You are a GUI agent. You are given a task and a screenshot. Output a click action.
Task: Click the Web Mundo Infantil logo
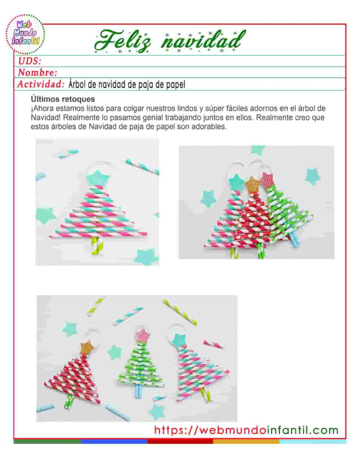click(25, 33)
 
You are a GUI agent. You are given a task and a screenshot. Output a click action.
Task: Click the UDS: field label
click(30, 61)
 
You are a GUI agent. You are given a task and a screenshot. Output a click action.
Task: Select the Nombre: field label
click(37, 73)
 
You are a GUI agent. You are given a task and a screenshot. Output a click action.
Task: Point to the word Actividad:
click(41, 84)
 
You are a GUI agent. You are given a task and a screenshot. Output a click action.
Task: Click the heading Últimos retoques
click(63, 99)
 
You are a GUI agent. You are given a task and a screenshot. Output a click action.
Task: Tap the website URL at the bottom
click(246, 430)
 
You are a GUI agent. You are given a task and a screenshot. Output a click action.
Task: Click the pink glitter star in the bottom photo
click(142, 335)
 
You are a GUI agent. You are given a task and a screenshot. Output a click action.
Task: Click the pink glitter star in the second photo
click(266, 180)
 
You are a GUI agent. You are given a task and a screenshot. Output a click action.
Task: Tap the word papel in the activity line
click(176, 85)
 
